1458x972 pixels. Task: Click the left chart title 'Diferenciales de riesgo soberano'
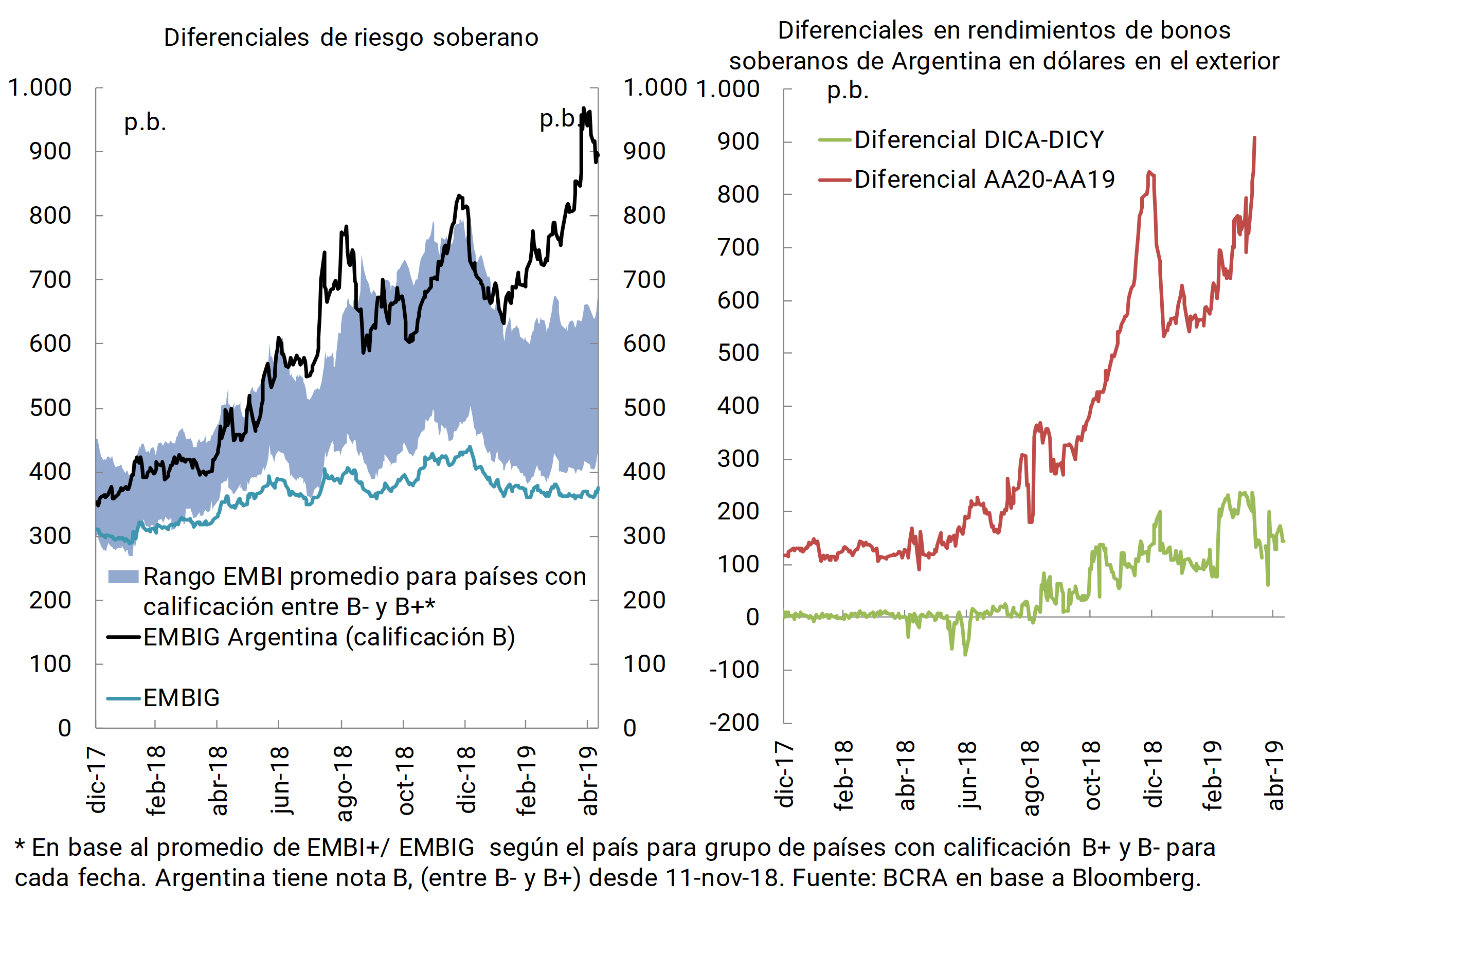click(x=351, y=38)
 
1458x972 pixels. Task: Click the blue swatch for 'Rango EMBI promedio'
click(x=123, y=577)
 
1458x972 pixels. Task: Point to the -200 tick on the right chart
click(x=734, y=723)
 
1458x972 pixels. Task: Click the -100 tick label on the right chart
click(x=734, y=670)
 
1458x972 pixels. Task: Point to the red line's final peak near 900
click(x=1255, y=138)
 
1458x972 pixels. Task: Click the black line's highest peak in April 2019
click(x=583, y=109)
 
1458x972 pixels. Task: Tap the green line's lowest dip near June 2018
click(x=965, y=654)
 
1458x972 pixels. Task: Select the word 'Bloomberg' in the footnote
click(x=1136, y=878)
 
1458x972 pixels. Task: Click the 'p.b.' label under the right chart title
click(x=848, y=91)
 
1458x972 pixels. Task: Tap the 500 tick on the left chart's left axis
click(x=50, y=408)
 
